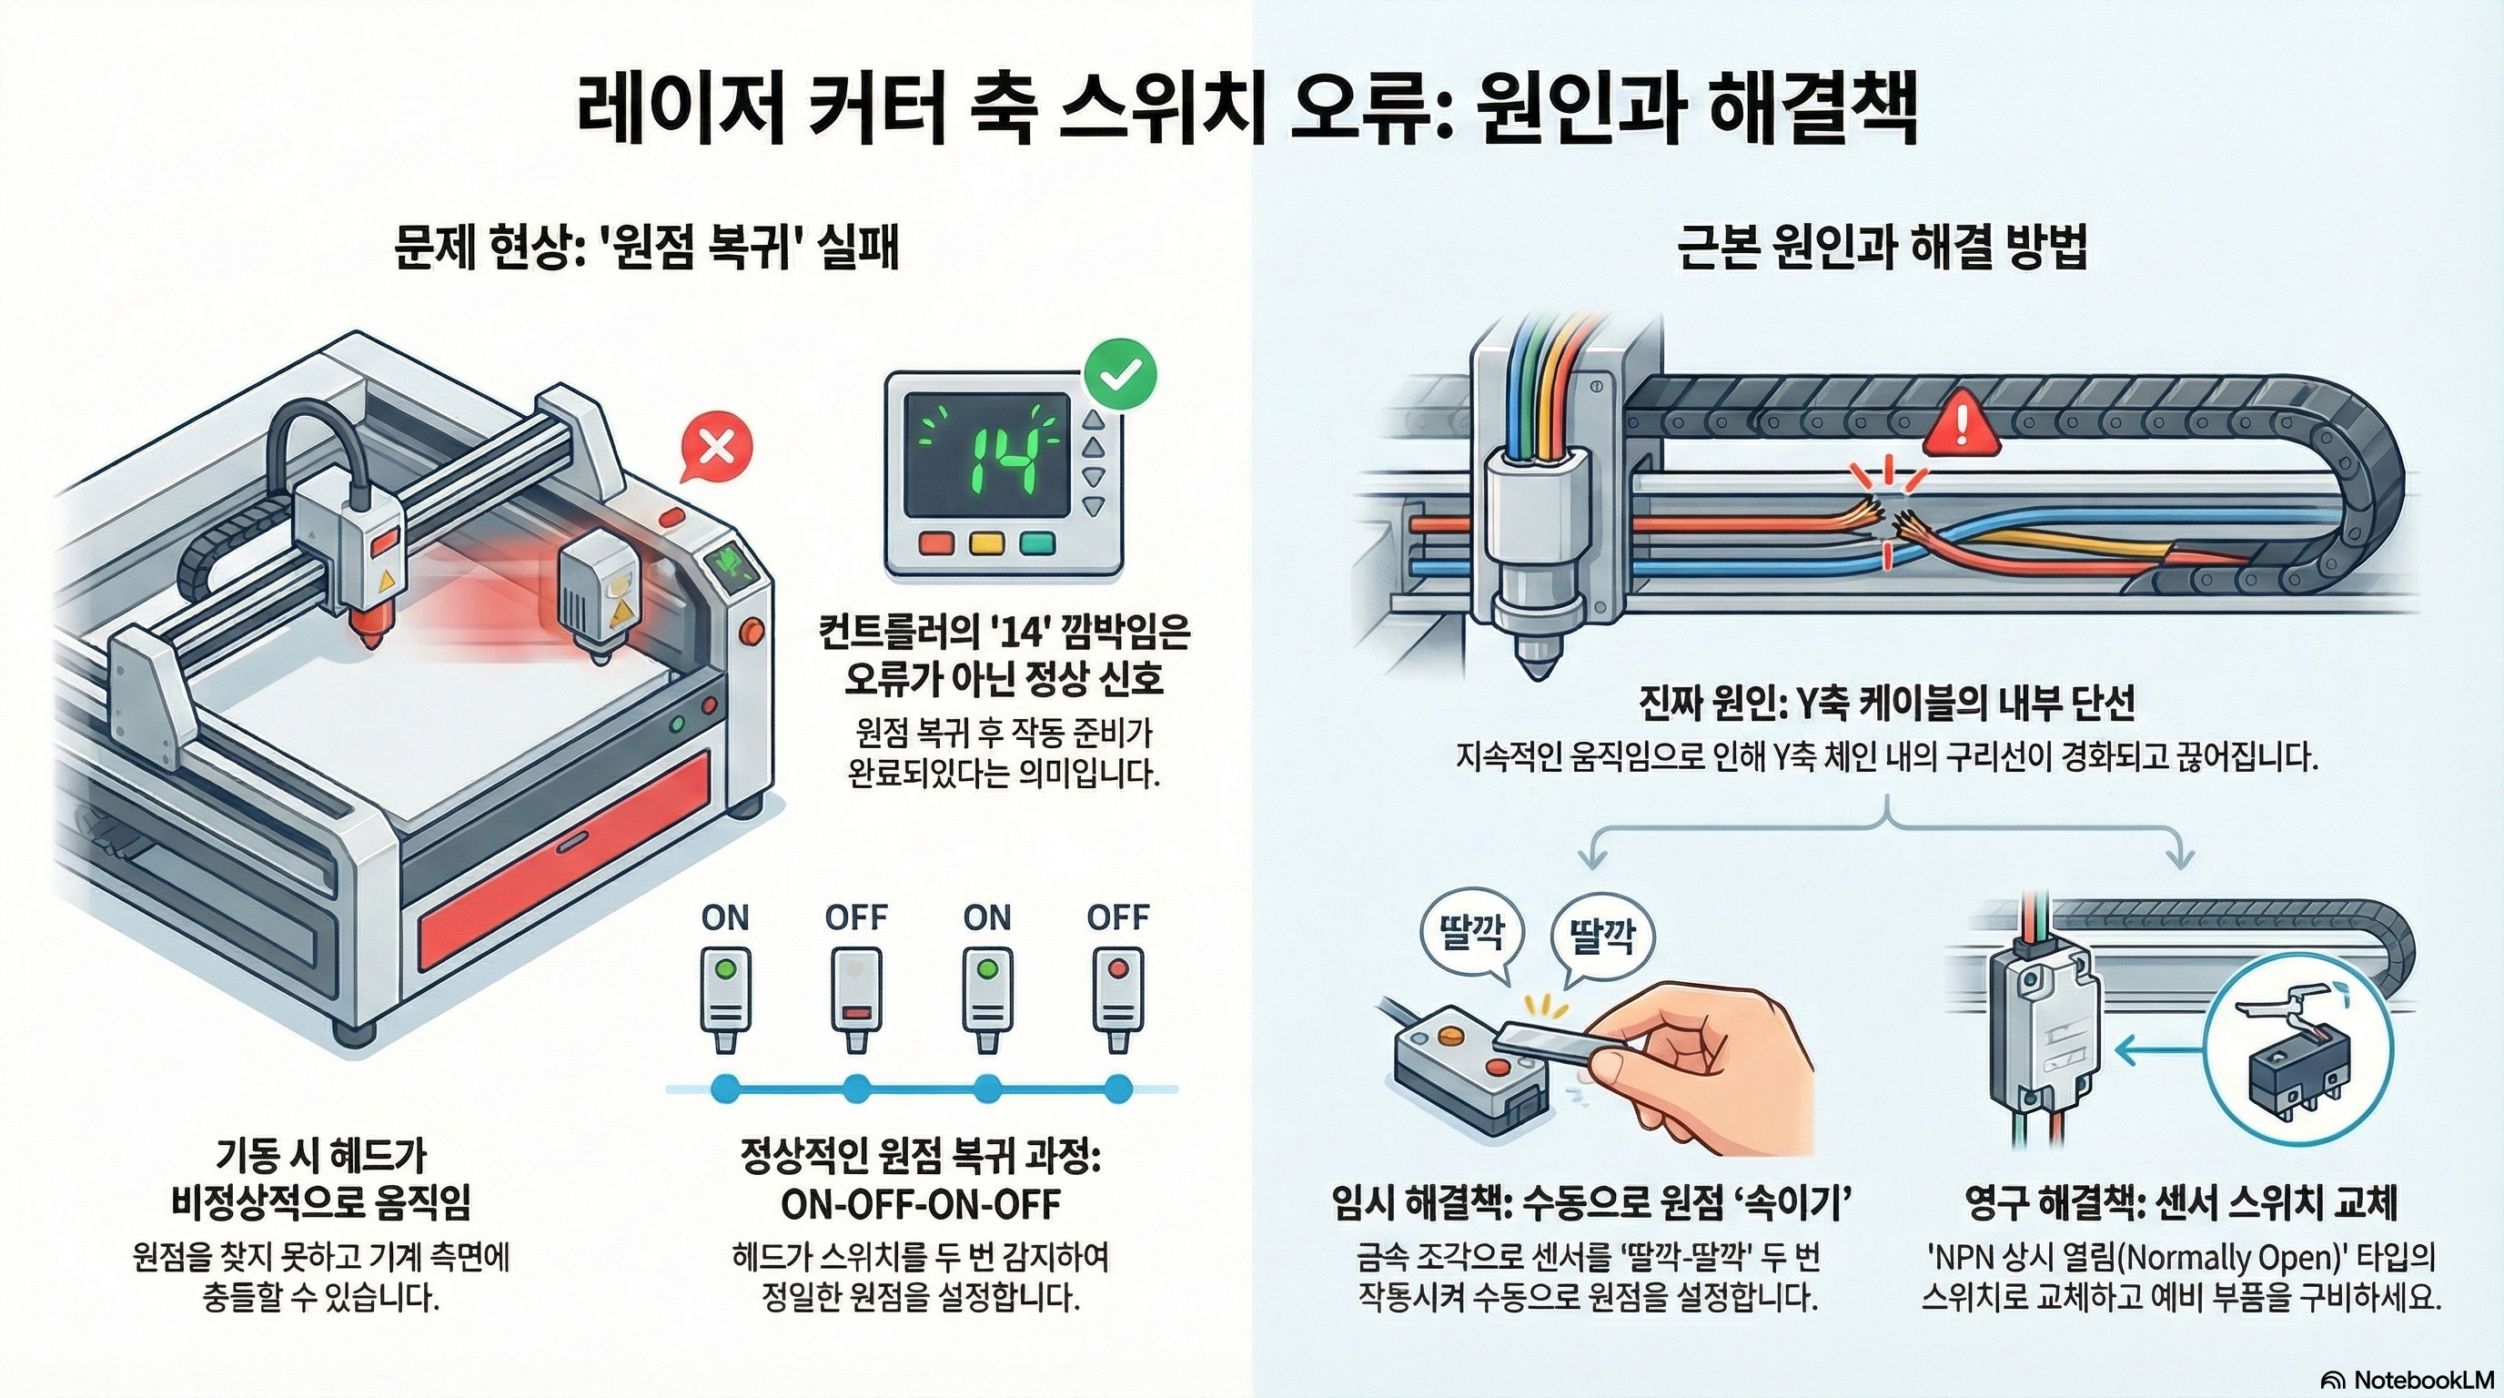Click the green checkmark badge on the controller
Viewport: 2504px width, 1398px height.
[1120, 373]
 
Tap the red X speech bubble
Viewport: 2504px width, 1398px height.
[717, 448]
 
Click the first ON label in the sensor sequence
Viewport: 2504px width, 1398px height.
[725, 917]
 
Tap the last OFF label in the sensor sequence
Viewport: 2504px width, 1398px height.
[1118, 917]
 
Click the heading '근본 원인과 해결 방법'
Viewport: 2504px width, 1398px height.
[1882, 248]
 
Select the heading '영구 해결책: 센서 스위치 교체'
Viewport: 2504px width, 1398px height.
[2180, 1203]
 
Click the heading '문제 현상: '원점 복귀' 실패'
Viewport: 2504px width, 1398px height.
[646, 248]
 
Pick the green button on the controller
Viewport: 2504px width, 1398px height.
[1036, 543]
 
